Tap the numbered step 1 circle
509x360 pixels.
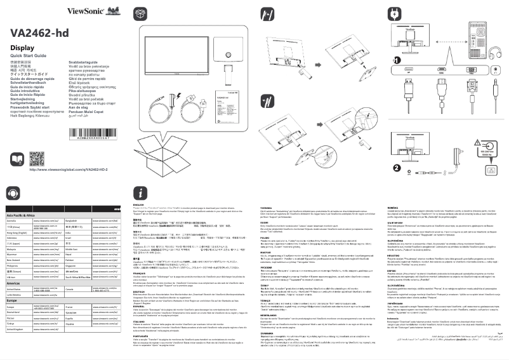coord(399,60)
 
